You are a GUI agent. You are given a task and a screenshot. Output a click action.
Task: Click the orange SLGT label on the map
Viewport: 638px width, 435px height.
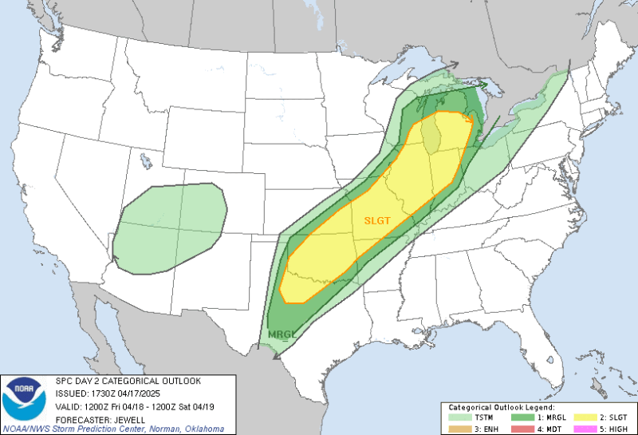pos(377,221)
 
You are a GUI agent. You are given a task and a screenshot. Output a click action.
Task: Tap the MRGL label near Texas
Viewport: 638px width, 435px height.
pos(282,334)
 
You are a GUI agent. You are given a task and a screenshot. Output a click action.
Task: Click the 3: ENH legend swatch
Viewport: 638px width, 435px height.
pos(459,429)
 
